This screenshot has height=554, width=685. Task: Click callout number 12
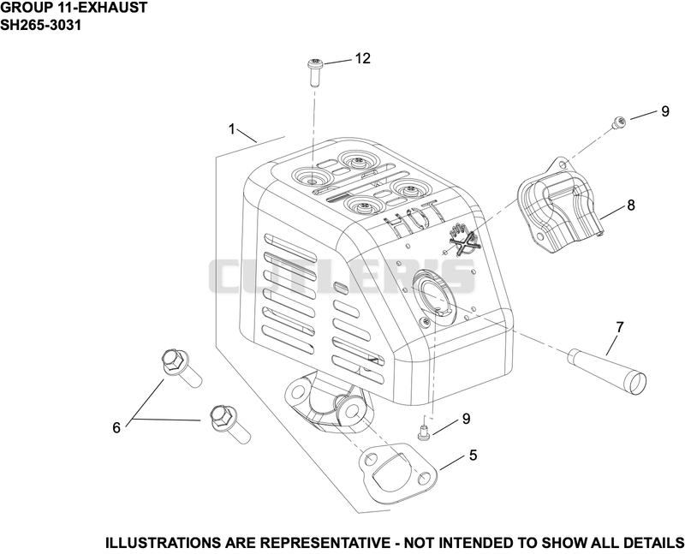362,58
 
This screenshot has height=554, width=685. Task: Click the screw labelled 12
313,73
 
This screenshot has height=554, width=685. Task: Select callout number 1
232,130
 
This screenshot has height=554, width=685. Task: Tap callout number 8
631,205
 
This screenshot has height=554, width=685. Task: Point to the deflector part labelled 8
559,206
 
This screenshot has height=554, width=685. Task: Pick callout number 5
474,456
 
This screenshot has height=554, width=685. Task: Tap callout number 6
116,427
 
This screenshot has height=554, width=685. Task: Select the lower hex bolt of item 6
229,423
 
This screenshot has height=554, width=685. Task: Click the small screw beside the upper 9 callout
618,122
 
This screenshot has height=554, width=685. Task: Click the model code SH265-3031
40,26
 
